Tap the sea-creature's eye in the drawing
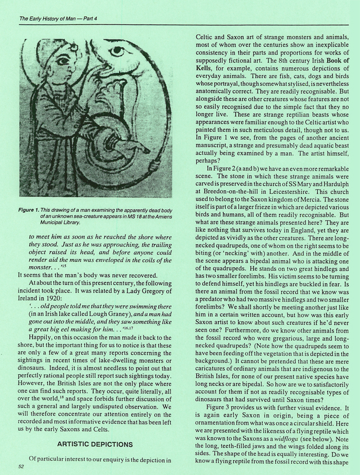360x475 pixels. coord(118,51)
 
